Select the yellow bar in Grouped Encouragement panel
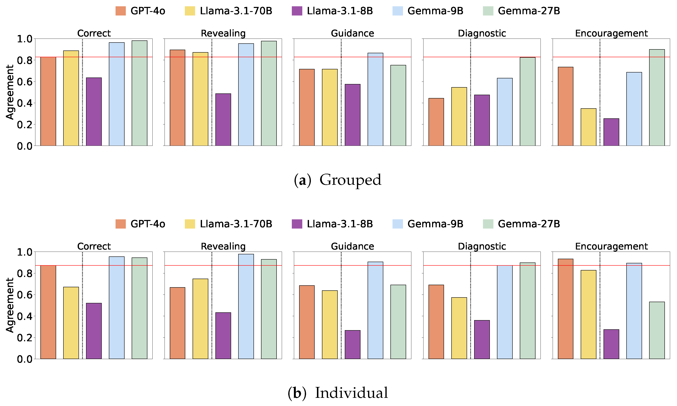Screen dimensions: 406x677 pyautogui.click(x=588, y=127)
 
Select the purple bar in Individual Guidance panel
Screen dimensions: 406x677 pyautogui.click(x=352, y=344)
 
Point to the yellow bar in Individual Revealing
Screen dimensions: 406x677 pyautogui.click(x=200, y=319)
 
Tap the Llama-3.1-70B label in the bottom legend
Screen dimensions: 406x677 pyautogui.click(x=236, y=224)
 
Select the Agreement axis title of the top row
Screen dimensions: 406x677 pyautogui.click(x=10, y=92)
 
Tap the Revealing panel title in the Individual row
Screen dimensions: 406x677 pyautogui.click(x=223, y=246)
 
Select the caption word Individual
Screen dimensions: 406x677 pyautogui.click(x=351, y=393)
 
